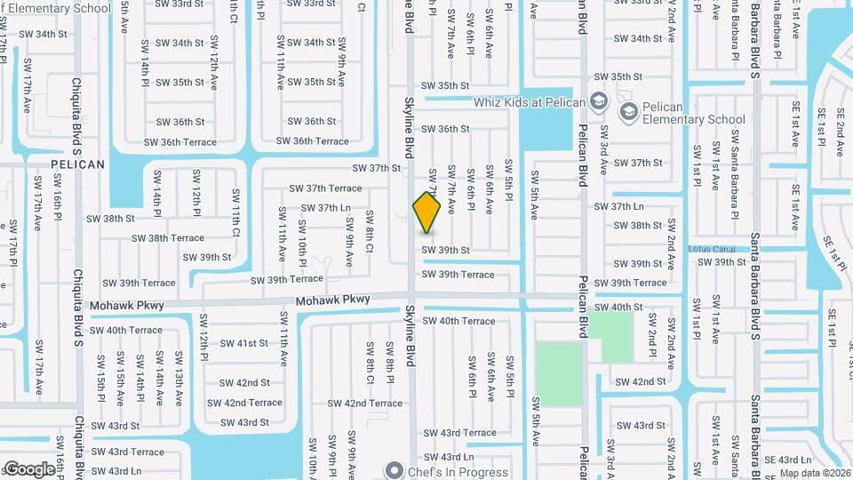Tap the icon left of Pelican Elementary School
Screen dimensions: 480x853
(x=629, y=111)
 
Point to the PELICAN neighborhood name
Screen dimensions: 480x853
(x=77, y=164)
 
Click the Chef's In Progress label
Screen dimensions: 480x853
(x=458, y=472)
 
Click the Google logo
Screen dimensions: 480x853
(x=29, y=468)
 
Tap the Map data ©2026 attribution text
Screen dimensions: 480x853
(x=815, y=473)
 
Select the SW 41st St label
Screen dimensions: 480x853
(x=243, y=343)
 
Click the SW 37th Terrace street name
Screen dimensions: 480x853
(x=326, y=188)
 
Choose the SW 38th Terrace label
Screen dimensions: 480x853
(x=168, y=238)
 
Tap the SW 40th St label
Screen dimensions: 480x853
(x=619, y=307)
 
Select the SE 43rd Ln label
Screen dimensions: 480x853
(x=788, y=460)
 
